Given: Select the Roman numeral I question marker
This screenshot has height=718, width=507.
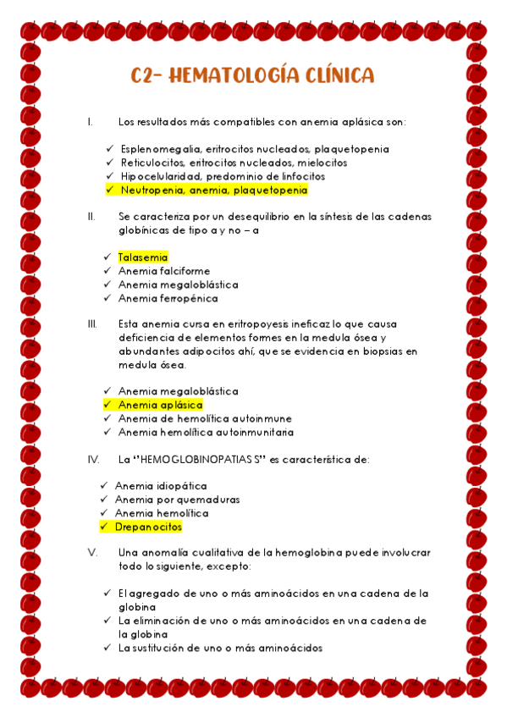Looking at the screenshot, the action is coord(90,122).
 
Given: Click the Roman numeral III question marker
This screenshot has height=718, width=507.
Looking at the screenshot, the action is coord(92,324).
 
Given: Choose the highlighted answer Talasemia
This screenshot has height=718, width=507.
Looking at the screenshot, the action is coord(143,257).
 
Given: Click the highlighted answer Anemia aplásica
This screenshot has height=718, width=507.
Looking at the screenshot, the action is coord(160,406).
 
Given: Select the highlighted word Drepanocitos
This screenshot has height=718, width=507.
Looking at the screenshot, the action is coord(148,527).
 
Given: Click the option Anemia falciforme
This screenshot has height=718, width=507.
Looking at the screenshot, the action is coord(164,271).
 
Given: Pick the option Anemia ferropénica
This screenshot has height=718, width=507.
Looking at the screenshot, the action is coord(168,298).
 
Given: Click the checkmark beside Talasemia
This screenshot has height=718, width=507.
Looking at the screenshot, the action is coord(107,257).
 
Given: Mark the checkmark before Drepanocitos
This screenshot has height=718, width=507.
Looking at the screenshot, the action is coord(103,527).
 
